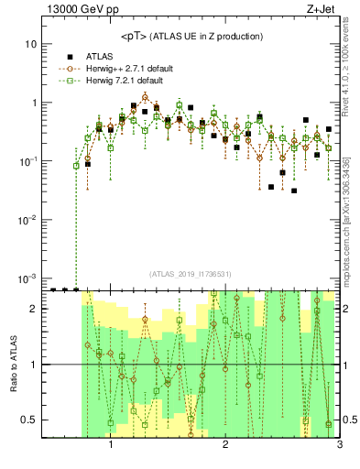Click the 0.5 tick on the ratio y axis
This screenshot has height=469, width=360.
pos(32,420)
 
